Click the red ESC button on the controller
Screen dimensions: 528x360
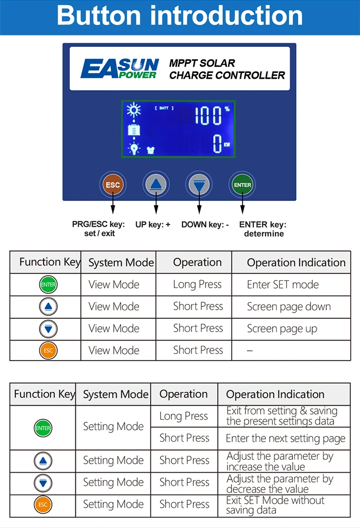tap(113, 185)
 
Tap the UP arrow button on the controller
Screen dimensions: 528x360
tap(156, 185)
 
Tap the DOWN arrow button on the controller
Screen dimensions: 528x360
tap(199, 185)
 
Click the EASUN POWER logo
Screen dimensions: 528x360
tap(120, 69)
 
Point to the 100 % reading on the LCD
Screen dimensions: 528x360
tap(212, 116)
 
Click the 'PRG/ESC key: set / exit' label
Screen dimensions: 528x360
tap(98, 229)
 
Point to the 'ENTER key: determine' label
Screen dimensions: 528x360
tap(263, 229)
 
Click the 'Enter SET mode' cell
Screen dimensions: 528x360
tap(283, 284)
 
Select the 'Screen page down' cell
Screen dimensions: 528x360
tap(288, 307)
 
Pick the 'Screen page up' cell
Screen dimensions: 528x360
tap(282, 329)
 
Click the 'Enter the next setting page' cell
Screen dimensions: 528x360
tap(285, 438)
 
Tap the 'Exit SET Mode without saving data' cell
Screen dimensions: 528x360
tap(275, 505)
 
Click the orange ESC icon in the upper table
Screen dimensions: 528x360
tap(48, 351)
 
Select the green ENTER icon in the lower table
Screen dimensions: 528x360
tap(43, 428)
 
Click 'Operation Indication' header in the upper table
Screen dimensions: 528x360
tap(296, 263)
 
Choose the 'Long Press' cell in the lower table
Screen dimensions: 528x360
tap(184, 416)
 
